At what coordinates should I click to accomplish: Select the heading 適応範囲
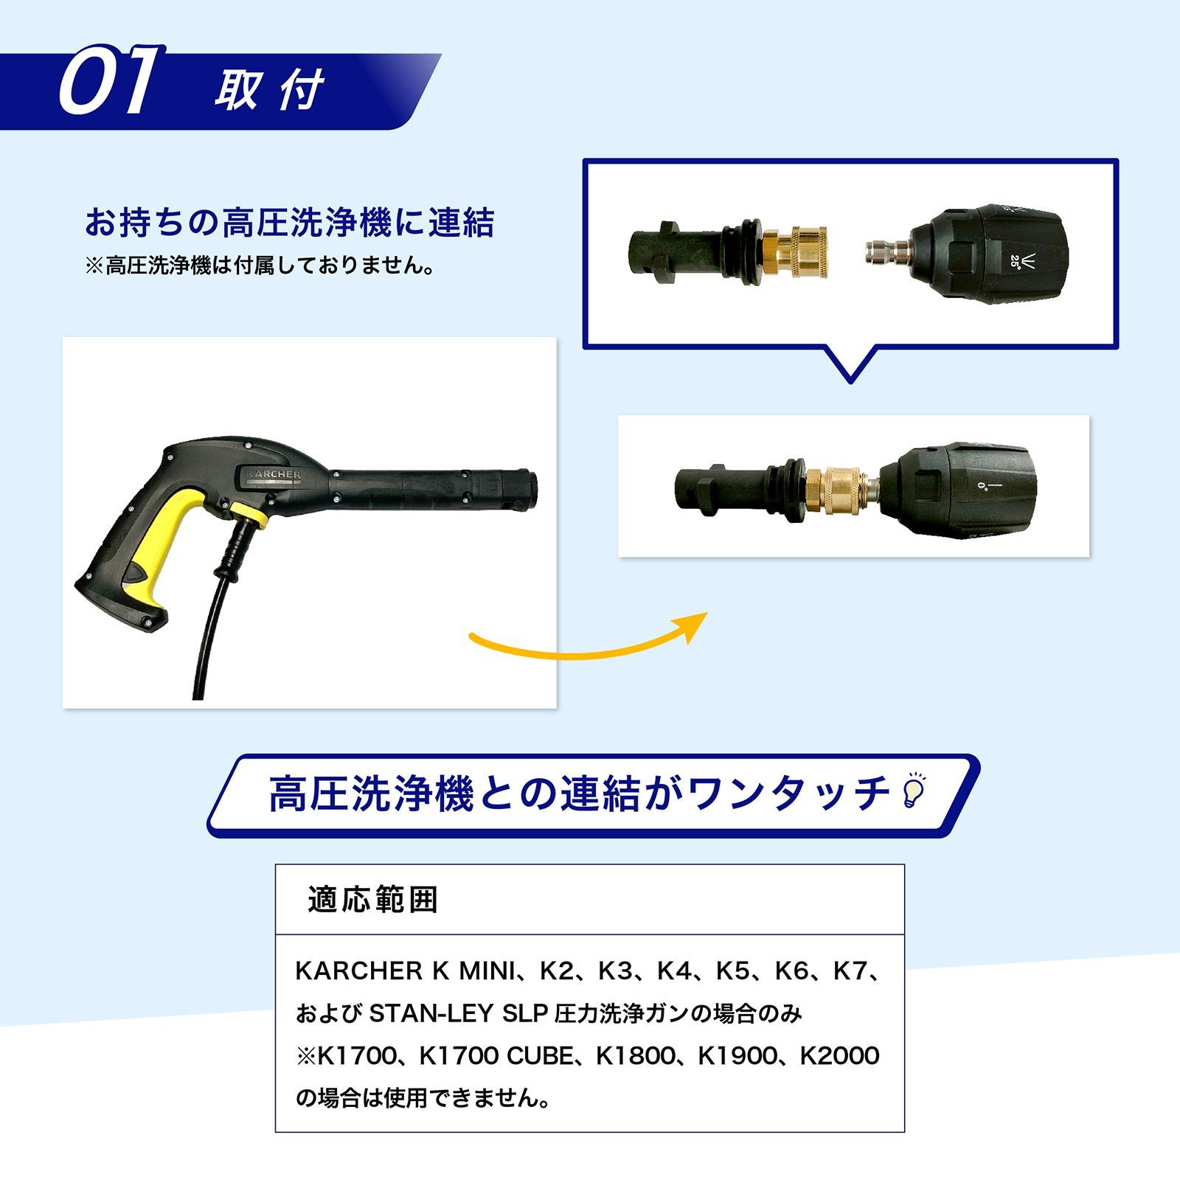[x=372, y=900]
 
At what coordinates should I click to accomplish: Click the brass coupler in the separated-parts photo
[x=796, y=252]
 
